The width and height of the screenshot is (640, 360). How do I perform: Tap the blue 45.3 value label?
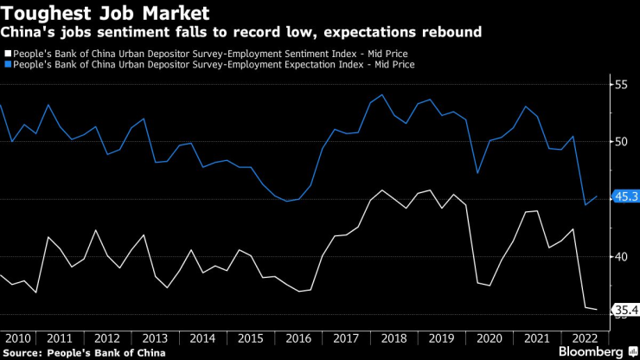(x=624, y=197)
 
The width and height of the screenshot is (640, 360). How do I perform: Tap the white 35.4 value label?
(x=624, y=310)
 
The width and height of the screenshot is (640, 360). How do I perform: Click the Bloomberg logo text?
(x=589, y=351)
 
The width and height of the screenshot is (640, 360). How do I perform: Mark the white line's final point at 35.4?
(x=597, y=309)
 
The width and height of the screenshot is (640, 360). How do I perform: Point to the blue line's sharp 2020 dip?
(x=478, y=173)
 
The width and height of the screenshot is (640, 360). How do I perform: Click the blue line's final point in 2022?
(x=597, y=196)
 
